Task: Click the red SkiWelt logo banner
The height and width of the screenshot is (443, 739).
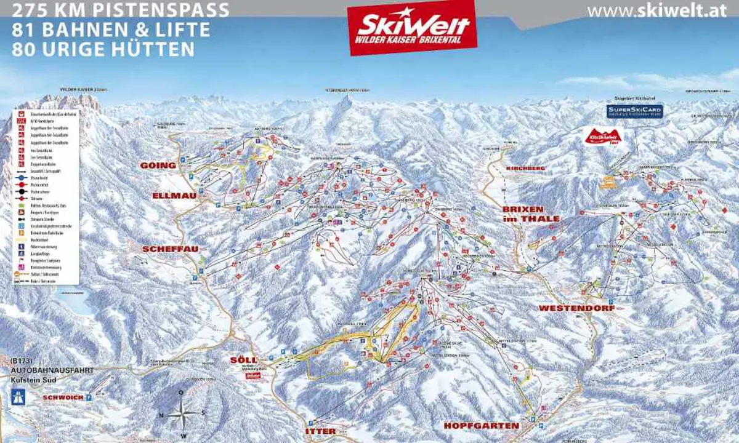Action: (413, 27)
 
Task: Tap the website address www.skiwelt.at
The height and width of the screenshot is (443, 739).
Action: (656, 11)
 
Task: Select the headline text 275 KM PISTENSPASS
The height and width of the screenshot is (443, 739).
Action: (121, 10)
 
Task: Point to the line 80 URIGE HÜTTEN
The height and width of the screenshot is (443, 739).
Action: (103, 49)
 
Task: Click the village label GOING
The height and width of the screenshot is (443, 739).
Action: (158, 166)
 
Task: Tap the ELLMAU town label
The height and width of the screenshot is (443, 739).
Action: (174, 196)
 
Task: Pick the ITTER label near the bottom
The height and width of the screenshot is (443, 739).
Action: (321, 431)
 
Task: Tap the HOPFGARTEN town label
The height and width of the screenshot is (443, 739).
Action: (482, 426)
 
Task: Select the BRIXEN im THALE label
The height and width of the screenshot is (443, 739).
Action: (531, 214)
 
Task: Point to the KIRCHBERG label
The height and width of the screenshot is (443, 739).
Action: (526, 168)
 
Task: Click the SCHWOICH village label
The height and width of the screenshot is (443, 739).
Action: (62, 397)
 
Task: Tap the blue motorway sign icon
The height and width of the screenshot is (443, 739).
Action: (18, 396)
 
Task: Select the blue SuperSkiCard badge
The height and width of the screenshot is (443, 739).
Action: (635, 111)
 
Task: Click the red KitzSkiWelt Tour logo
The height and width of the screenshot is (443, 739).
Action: (604, 136)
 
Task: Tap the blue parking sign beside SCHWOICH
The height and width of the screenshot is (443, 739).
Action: (88, 397)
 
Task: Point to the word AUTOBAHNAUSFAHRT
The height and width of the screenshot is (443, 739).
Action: (52, 370)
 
